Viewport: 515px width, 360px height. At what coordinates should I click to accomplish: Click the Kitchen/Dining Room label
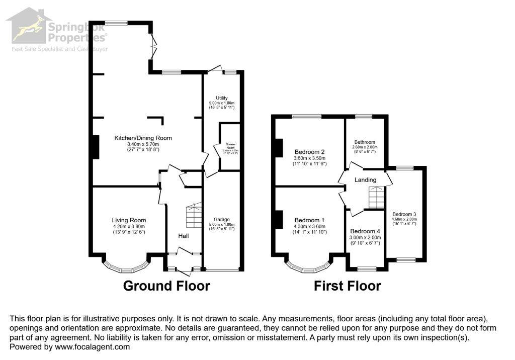pyautogui.click(x=143, y=138)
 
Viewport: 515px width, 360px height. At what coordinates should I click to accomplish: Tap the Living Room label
pyautogui.click(x=129, y=220)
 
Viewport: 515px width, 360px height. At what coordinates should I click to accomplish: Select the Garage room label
pyautogui.click(x=222, y=220)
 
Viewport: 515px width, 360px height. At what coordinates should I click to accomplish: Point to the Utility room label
pyautogui.click(x=222, y=98)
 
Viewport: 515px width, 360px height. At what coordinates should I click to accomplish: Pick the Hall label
pyautogui.click(x=183, y=235)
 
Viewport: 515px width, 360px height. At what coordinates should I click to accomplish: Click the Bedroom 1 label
pyautogui.click(x=309, y=220)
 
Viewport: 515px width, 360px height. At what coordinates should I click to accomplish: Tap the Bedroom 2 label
pyautogui.click(x=309, y=152)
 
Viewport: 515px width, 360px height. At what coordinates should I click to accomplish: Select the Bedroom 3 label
pyautogui.click(x=404, y=213)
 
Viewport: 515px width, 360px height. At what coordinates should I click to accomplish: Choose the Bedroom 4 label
pyautogui.click(x=365, y=231)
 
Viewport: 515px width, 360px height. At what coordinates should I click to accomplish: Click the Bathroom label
pyautogui.click(x=365, y=142)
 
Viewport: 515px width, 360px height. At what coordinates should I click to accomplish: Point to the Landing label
pyautogui.click(x=365, y=180)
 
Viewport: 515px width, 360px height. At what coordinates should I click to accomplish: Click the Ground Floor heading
pyautogui.click(x=166, y=286)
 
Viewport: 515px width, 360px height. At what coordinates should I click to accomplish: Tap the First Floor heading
pyautogui.click(x=347, y=286)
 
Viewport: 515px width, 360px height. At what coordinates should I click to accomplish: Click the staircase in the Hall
pyautogui.click(x=194, y=216)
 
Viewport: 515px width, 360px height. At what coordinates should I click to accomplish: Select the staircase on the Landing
pyautogui.click(x=376, y=198)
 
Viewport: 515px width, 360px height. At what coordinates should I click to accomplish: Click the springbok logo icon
pyautogui.click(x=28, y=28)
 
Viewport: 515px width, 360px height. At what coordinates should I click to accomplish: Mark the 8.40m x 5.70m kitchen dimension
pyautogui.click(x=143, y=144)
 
